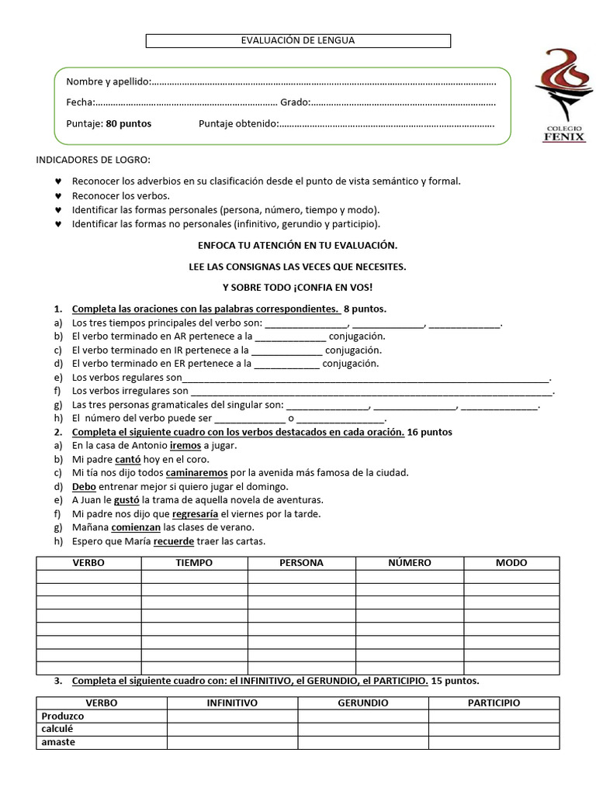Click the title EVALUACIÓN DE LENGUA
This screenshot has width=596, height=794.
point(299,40)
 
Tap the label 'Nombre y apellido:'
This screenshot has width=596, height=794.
point(108,81)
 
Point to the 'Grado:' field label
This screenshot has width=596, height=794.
point(295,102)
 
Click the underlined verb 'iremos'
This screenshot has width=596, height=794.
point(185,446)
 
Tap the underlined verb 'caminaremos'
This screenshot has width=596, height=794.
point(196,472)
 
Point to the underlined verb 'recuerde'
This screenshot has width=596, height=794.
point(173,541)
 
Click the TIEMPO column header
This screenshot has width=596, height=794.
point(194,563)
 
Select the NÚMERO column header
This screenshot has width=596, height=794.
point(410,563)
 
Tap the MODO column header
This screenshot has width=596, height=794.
point(511,563)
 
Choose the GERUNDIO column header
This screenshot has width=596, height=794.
point(363,703)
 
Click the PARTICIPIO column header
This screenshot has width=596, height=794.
point(494,703)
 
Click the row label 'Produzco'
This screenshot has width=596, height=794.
point(63,716)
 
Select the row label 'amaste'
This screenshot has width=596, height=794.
point(58,742)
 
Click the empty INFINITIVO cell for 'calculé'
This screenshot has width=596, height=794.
point(232,729)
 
